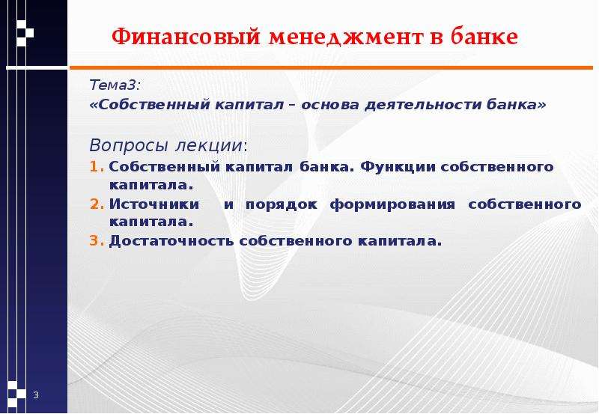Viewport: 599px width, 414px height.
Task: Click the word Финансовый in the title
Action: [x=186, y=37]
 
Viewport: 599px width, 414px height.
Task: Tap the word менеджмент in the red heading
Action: [x=346, y=37]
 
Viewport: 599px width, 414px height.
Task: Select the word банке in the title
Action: [x=484, y=36]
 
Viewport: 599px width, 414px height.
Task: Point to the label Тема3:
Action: [x=115, y=85]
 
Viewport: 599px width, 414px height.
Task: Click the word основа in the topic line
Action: [x=330, y=104]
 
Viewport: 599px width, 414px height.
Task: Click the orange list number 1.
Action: [x=97, y=166]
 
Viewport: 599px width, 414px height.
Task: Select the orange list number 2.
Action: [x=97, y=204]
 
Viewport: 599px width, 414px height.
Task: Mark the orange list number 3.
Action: [x=97, y=240]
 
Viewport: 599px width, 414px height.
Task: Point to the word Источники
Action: [x=154, y=204]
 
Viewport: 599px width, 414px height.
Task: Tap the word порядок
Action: [x=282, y=204]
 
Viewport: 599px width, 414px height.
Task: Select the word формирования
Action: [x=392, y=204]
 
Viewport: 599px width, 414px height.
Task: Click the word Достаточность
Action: [x=171, y=241]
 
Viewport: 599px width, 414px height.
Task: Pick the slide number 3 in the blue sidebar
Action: [x=36, y=395]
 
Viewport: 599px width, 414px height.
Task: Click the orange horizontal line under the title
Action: [x=331, y=68]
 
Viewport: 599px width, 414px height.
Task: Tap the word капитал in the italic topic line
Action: [x=249, y=104]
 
